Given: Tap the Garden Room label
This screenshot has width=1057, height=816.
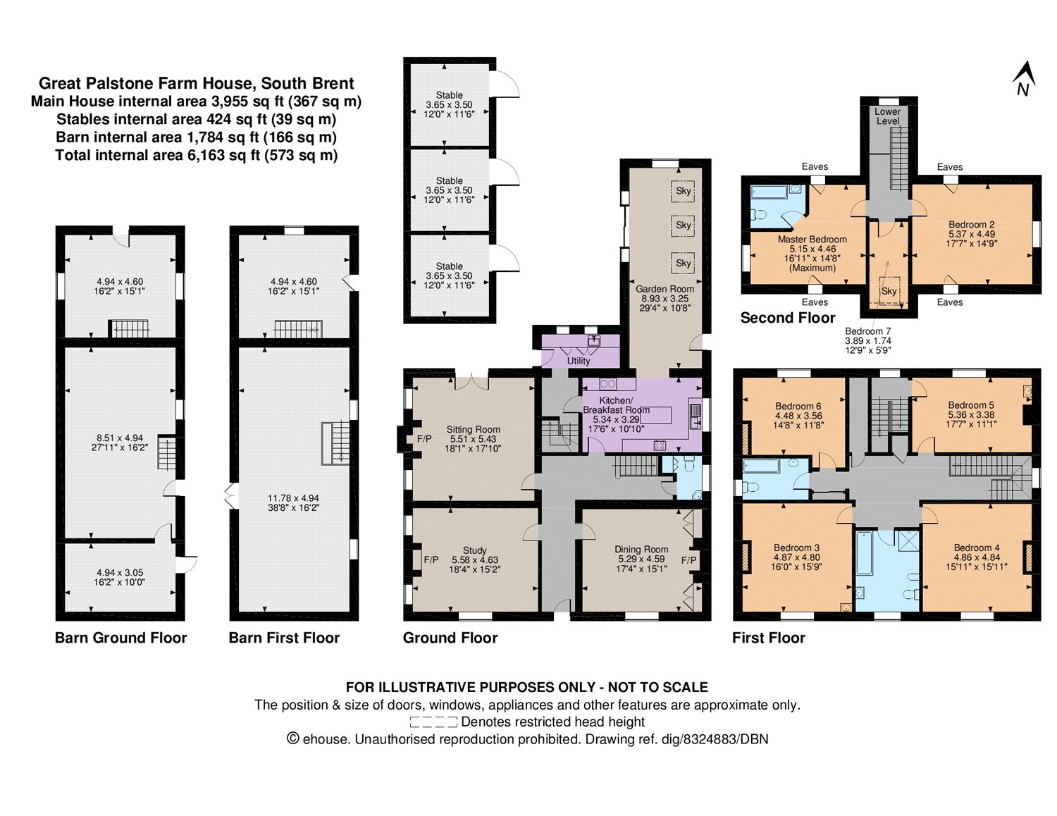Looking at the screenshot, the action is tap(665, 289).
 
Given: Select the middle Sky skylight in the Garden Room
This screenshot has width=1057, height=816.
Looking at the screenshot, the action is tap(683, 225).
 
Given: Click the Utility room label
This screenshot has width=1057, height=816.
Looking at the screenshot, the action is tap(579, 361).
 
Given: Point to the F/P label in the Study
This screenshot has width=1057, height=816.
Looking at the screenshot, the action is tap(431, 560).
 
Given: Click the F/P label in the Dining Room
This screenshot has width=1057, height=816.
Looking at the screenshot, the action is tap(688, 560).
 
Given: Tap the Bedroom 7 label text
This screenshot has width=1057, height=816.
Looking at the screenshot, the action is tap(867, 331).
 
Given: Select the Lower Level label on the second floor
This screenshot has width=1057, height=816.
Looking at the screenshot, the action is tap(888, 116).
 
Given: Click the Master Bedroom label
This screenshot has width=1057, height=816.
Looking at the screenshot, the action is tap(812, 240).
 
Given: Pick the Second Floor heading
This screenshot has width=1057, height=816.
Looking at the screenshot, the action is tap(788, 318).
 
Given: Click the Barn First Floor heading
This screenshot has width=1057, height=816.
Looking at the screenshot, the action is tap(284, 638).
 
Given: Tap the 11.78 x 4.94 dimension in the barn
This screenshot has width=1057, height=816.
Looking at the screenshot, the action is tap(293, 498).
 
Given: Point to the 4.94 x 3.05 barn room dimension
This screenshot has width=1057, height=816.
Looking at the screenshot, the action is tap(120, 573).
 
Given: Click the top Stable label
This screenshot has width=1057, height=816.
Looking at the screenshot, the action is tap(449, 95).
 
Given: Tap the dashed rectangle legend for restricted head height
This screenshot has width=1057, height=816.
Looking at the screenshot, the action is tap(433, 722).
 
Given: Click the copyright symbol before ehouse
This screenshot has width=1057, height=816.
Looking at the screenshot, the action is tap(292, 738).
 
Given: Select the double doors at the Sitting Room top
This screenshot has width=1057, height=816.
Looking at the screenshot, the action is tap(472, 381).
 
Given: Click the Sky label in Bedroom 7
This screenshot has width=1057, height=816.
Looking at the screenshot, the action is tap(889, 291).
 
